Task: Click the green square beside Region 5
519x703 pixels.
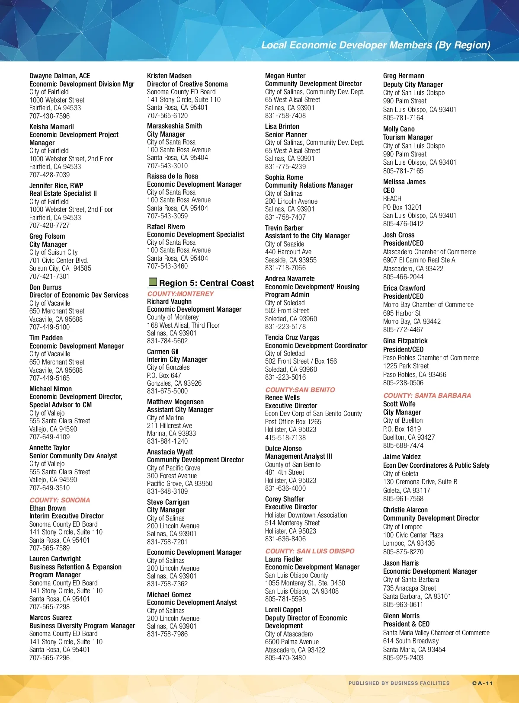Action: click(152, 282)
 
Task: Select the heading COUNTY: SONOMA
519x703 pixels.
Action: click(60, 500)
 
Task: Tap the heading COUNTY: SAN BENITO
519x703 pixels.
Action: click(300, 390)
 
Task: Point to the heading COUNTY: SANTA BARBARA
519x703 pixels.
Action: click(427, 395)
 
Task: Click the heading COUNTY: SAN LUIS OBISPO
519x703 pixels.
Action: click(310, 551)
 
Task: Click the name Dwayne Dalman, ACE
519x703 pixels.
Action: click(60, 76)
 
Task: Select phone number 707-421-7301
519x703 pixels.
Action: click(49, 276)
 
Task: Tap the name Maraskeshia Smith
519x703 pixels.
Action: click(174, 126)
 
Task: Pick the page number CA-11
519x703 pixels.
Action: click(482, 683)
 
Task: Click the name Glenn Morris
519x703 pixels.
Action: click(401, 616)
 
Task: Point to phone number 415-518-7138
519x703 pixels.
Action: click(285, 438)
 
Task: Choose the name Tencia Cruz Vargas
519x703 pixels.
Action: click(292, 337)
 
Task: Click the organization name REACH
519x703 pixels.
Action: click(392, 198)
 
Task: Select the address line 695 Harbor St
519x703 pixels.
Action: click(401, 313)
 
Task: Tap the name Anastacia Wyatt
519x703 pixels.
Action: click(170, 452)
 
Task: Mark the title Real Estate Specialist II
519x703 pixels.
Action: click(63, 193)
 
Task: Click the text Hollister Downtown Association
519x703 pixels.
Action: click(306, 515)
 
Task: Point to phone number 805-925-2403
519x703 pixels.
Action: click(403, 658)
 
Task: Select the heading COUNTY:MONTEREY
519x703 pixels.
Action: click(180, 294)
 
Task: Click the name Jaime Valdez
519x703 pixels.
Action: click(401, 457)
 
